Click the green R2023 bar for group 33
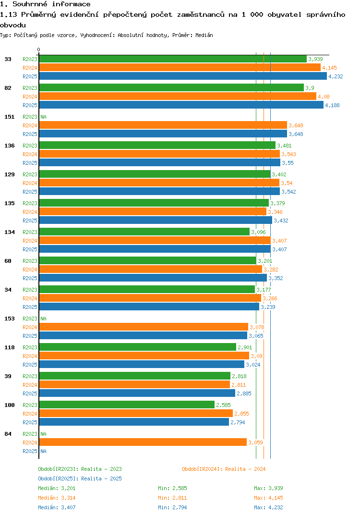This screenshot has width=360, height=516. (173, 59)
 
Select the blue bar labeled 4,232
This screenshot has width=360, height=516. (182, 76)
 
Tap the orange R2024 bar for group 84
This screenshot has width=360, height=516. (143, 442)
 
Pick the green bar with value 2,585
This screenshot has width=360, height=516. (127, 405)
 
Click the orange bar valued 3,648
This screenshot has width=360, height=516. (163, 125)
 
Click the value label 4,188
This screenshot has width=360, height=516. (332, 105)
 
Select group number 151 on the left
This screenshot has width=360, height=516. (9, 117)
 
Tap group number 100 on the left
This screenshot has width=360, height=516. (9, 405)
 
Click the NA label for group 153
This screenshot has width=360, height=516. (43, 319)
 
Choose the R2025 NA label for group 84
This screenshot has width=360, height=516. (43, 451)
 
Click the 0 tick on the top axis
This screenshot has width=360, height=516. (39, 49)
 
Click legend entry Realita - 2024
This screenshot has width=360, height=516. (224, 469)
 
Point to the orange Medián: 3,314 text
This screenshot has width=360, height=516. (57, 498)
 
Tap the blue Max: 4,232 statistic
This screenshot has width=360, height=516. (268, 507)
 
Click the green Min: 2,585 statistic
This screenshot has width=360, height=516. (172, 488)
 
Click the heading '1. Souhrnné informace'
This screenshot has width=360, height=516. (45, 4)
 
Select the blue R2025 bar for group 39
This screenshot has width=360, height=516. (137, 393)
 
